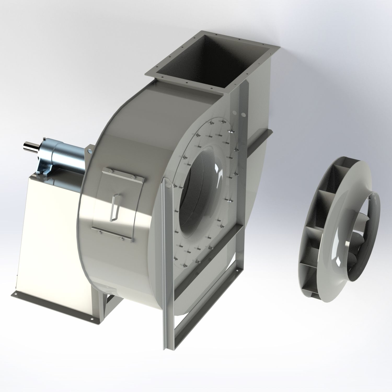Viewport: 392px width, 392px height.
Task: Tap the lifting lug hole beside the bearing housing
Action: point(90,151)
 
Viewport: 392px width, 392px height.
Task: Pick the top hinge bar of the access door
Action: point(123,174)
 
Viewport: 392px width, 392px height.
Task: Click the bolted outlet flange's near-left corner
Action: point(148,74)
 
